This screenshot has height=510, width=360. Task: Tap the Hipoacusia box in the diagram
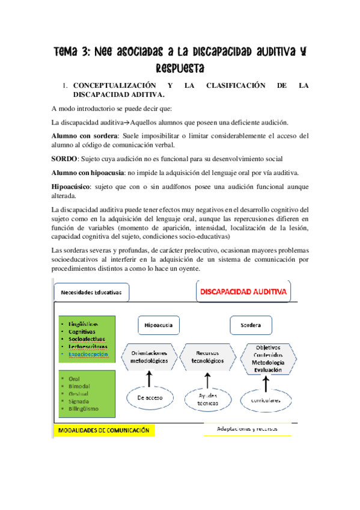coord(159,325)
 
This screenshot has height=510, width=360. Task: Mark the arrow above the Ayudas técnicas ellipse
coord(207,379)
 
